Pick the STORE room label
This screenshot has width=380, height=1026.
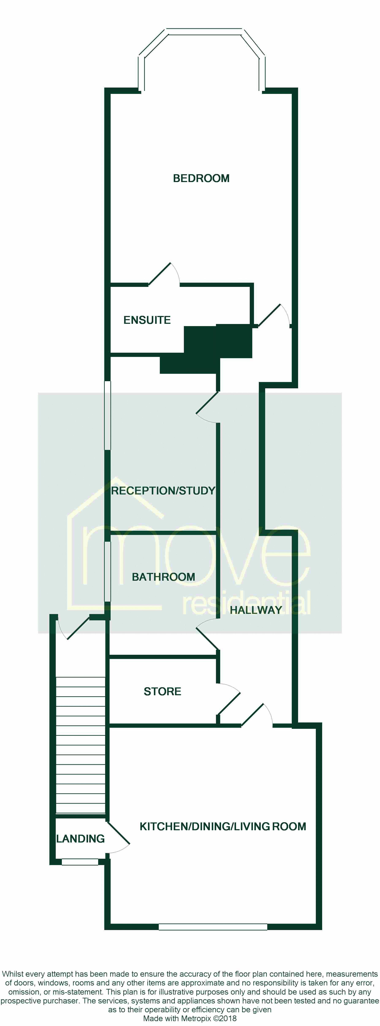click(x=162, y=691)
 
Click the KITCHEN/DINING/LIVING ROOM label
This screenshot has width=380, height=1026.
click(x=223, y=826)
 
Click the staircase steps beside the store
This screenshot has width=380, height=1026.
click(x=81, y=745)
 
